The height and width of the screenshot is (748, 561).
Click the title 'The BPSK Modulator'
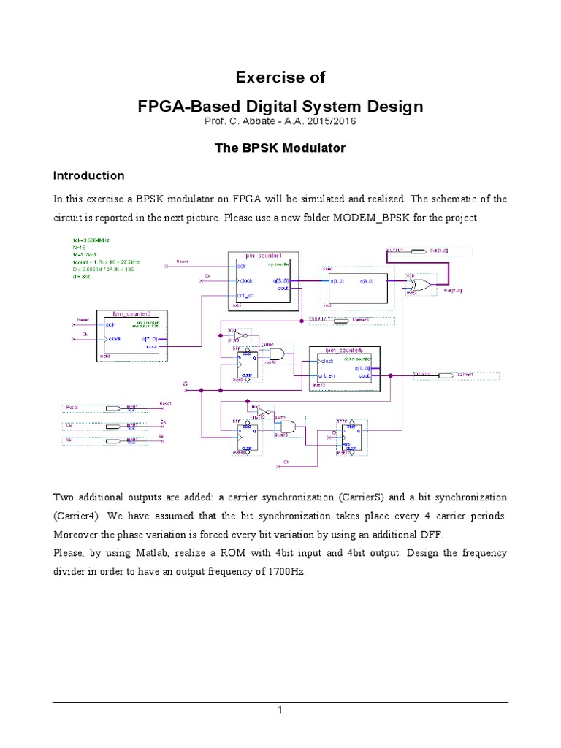(280, 148)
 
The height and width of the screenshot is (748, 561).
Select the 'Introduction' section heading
(88, 176)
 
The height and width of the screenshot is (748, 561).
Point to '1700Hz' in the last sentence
(286, 572)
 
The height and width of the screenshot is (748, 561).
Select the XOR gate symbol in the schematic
(419, 283)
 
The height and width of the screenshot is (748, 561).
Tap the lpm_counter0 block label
(132, 312)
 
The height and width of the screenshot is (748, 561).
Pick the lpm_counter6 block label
(340, 351)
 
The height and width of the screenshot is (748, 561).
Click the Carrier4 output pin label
(465, 375)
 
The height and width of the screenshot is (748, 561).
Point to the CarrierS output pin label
(362, 320)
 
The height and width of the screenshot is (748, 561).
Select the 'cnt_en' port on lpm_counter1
(246, 294)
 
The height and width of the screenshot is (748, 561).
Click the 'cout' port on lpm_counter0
(151, 347)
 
